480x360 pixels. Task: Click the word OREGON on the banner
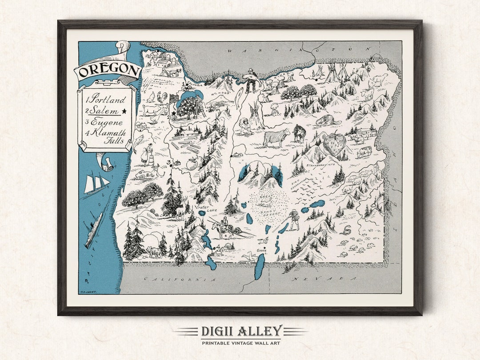pyautogui.click(x=108, y=70)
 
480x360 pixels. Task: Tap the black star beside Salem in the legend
pyautogui.click(x=124, y=111)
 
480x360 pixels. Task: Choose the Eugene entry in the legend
pyautogui.click(x=106, y=122)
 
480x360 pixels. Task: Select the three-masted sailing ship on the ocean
pyautogui.click(x=96, y=183)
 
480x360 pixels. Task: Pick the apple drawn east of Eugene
pyautogui.click(x=192, y=164)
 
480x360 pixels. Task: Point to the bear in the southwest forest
pyautogui.click(x=153, y=252)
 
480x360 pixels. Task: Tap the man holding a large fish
pyautogui.click(x=250, y=80)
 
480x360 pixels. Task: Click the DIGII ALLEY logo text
pyautogui.click(x=241, y=331)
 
